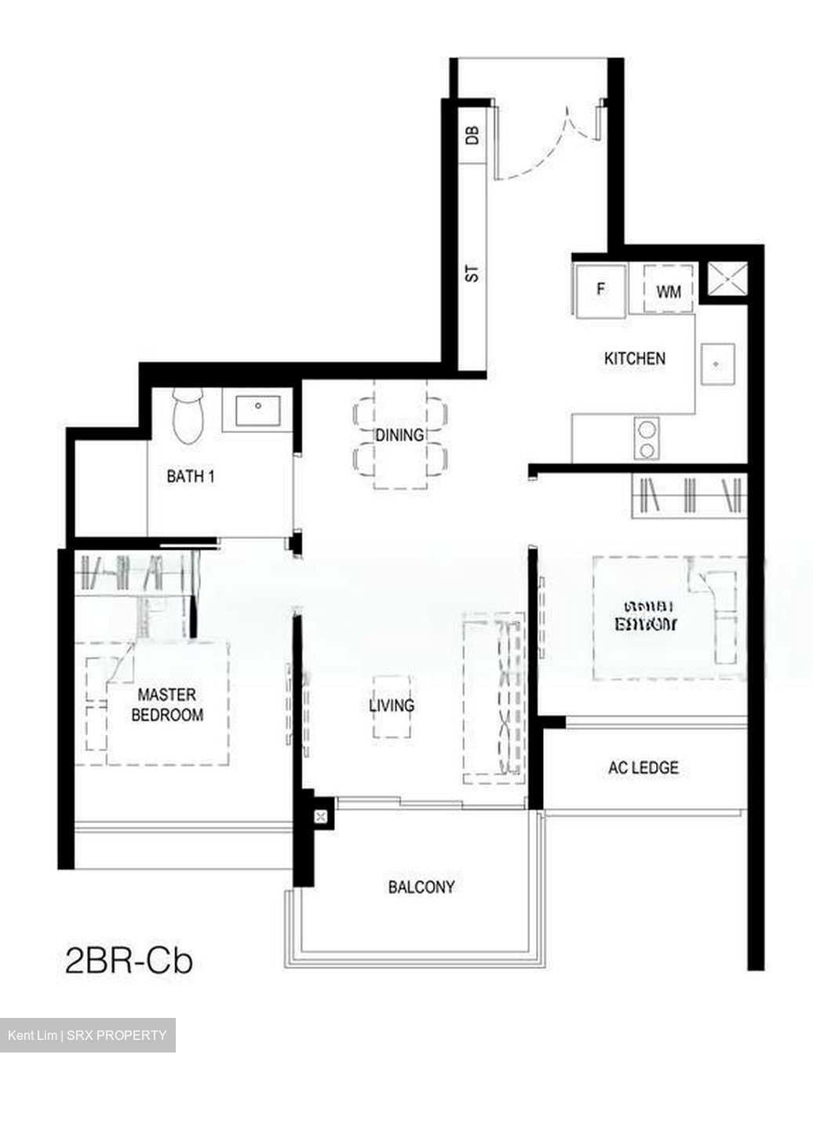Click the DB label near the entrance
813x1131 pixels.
[x=472, y=135]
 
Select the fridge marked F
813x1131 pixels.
[x=601, y=290]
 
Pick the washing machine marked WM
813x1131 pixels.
[x=669, y=291]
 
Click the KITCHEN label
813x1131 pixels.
[x=634, y=358]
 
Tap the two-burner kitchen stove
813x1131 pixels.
[x=647, y=438]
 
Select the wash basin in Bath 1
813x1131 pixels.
[x=257, y=410]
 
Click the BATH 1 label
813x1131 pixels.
[x=191, y=476]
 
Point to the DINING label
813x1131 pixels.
[x=399, y=434]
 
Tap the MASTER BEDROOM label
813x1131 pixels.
[x=167, y=705]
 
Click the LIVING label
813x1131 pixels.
[x=392, y=705]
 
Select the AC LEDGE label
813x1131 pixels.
[x=643, y=767]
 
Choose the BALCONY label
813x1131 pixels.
[x=421, y=887]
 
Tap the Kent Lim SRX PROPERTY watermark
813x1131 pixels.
[x=87, y=1035]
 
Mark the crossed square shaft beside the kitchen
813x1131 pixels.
[x=724, y=280]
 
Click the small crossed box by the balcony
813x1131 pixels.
[x=320, y=817]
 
